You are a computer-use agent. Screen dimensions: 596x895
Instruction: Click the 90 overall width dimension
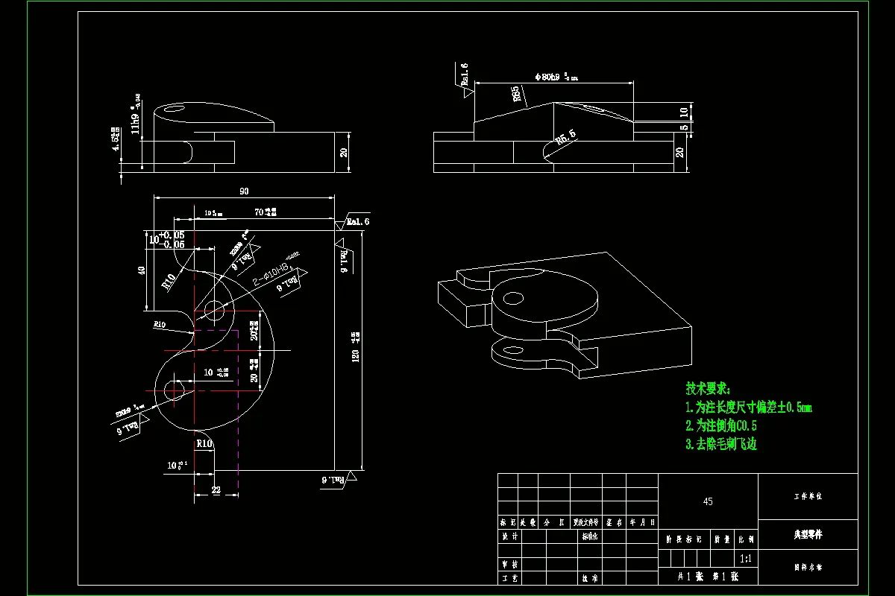pos(244,191)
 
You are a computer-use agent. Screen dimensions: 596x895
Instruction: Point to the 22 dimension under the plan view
pos(216,490)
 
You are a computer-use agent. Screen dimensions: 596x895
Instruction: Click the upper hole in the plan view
pos(214,308)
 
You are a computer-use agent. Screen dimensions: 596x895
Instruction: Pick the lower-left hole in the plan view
pos(175,390)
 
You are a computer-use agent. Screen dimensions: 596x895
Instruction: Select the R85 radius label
pos(515,94)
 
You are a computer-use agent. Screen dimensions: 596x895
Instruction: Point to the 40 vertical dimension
pos(142,270)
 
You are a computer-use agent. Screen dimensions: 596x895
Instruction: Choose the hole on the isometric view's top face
pos(514,299)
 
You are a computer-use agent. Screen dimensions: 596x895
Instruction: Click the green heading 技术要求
pos(708,389)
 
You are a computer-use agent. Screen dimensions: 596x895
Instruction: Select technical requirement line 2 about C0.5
pos(721,426)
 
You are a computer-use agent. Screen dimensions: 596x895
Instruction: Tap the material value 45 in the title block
pos(708,501)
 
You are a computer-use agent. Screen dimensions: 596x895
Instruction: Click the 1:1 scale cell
pos(744,558)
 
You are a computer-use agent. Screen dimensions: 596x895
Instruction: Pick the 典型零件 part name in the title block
pos(808,534)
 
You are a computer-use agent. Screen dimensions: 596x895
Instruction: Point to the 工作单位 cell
pos(808,496)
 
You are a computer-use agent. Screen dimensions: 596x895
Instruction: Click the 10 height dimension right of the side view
pos(683,112)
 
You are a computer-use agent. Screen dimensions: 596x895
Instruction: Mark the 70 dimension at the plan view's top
pos(260,212)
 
